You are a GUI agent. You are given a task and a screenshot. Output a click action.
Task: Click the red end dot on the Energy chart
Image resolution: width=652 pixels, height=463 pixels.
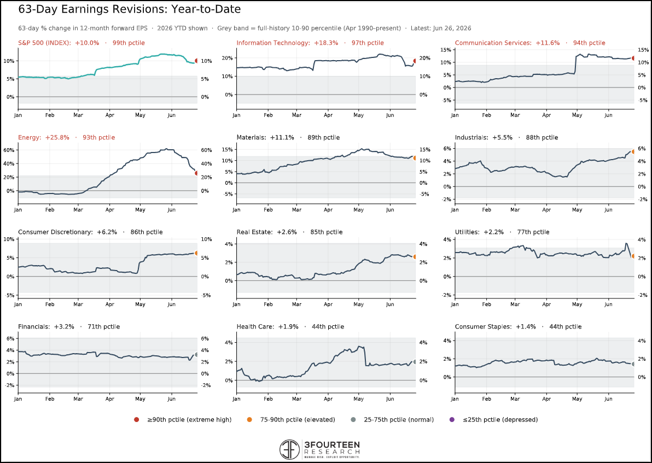(x=197, y=173)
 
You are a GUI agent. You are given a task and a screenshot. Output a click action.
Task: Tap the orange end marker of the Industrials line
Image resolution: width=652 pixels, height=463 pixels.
(x=633, y=152)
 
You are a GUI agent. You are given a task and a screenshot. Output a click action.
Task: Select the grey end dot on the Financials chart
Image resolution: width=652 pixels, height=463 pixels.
(x=197, y=355)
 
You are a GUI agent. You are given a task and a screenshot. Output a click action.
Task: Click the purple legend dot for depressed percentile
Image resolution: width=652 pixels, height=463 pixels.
(x=452, y=419)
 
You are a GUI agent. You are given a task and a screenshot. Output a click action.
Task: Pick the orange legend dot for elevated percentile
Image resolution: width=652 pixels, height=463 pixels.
(x=249, y=419)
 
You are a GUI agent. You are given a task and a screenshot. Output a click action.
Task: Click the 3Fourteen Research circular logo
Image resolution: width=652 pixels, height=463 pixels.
(x=290, y=449)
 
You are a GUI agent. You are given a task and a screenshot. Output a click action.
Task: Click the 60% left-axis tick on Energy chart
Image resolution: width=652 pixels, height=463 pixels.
(x=9, y=150)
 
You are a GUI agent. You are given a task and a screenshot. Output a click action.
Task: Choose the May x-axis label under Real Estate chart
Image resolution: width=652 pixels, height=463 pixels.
(x=358, y=304)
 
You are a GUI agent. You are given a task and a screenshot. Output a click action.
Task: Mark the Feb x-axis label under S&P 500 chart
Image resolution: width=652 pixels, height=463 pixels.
(x=49, y=115)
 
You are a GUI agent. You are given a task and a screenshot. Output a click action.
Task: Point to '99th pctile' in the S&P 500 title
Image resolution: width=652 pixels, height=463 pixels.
(x=129, y=43)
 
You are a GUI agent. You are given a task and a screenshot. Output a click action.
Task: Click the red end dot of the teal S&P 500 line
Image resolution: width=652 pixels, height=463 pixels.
(x=197, y=61)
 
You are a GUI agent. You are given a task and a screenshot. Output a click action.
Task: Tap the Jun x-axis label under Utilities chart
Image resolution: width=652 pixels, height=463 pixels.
(x=608, y=304)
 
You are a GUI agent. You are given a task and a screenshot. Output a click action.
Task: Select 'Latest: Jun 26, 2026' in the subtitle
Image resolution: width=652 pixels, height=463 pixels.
(x=441, y=28)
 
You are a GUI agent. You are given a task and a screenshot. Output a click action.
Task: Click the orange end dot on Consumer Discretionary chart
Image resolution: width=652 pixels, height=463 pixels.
(x=197, y=253)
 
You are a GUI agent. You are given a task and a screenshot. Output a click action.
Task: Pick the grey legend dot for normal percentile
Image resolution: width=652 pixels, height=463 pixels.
(x=353, y=419)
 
